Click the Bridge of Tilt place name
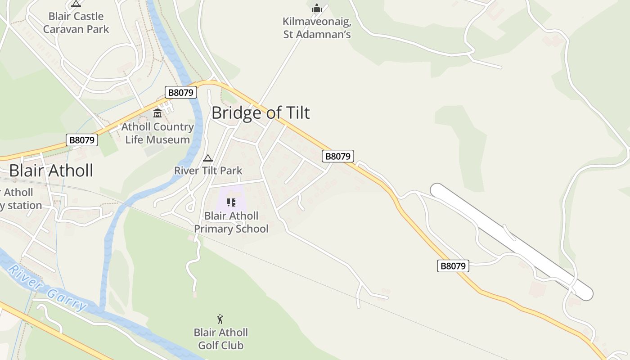click(261, 112)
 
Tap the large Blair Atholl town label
click(51, 171)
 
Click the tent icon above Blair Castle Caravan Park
click(76, 4)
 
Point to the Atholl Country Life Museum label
click(157, 133)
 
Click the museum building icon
click(157, 113)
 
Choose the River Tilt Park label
click(208, 171)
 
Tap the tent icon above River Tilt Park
click(207, 158)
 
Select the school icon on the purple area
click(231, 202)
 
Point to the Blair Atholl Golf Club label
click(220, 339)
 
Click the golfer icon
click(220, 319)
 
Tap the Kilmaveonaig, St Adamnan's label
click(317, 28)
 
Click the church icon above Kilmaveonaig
click(317, 8)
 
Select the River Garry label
click(48, 288)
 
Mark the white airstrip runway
click(512, 242)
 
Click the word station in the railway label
click(22, 205)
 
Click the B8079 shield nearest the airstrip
click(453, 266)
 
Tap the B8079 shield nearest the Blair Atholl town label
click(82, 140)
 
